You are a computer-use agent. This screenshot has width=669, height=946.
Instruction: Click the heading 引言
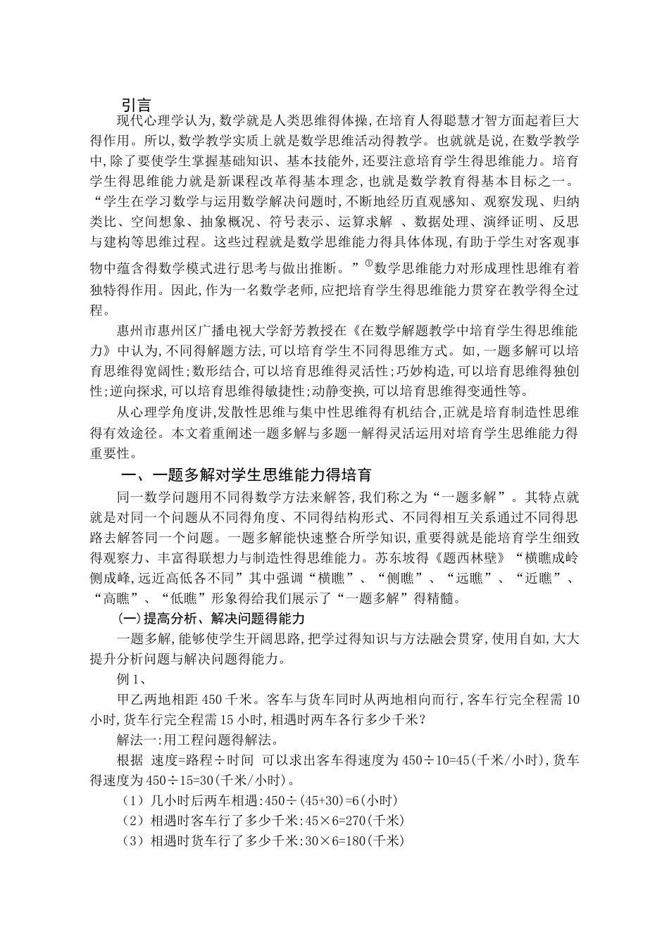point(137,105)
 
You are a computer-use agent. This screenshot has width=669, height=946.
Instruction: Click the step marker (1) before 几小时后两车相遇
point(132,800)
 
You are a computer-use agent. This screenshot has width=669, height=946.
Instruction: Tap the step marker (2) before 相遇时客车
point(132,821)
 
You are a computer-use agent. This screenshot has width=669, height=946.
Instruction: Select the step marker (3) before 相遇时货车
point(132,841)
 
